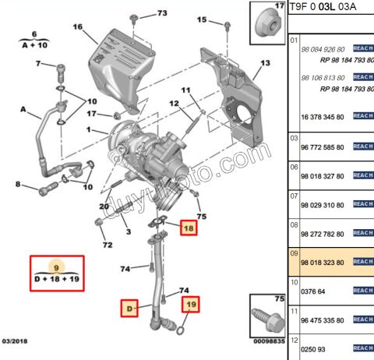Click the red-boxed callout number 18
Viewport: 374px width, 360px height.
188,228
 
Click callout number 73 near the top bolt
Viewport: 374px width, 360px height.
161,13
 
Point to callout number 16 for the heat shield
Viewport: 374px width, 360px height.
78,26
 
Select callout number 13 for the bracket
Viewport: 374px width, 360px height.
265,62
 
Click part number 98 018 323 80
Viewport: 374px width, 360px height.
319,263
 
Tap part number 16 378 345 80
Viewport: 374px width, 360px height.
319,115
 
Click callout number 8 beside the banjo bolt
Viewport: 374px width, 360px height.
17,184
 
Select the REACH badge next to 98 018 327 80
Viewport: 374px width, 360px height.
363,175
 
